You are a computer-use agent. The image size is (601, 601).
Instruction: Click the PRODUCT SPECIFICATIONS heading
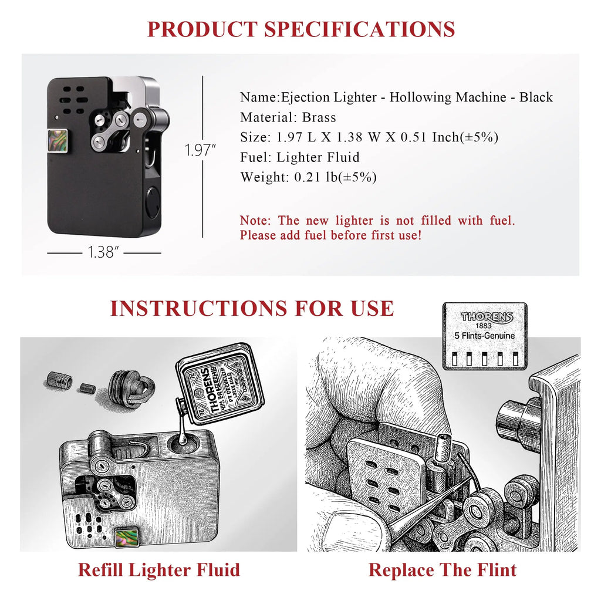pyautogui.click(x=300, y=29)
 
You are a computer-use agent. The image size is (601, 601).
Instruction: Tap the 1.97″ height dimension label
pyautogui.click(x=201, y=150)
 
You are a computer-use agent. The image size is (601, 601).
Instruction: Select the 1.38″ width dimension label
pyautogui.click(x=104, y=253)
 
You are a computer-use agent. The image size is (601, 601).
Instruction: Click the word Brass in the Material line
pyautogui.click(x=319, y=117)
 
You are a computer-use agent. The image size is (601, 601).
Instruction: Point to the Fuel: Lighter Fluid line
pyautogui.click(x=299, y=157)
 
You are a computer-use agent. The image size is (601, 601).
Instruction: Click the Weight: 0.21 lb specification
pyautogui.click(x=308, y=177)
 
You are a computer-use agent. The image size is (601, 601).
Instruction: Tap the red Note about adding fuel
pyautogui.click(x=377, y=228)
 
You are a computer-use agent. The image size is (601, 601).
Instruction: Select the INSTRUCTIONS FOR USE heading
pyautogui.click(x=252, y=308)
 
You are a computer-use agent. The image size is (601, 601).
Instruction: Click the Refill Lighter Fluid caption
pyautogui.click(x=158, y=569)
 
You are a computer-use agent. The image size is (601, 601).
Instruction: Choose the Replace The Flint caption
pyautogui.click(x=443, y=569)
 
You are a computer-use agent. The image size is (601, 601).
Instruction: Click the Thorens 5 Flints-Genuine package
pyautogui.click(x=485, y=336)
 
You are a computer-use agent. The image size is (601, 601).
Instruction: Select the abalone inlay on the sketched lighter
pyautogui.click(x=126, y=536)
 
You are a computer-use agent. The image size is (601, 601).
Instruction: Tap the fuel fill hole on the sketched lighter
pyautogui.click(x=186, y=441)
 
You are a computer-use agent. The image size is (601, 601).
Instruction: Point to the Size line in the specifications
pyautogui.click(x=369, y=137)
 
